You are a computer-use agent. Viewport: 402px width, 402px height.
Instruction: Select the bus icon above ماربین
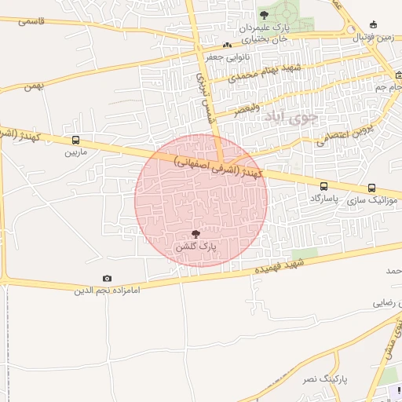pos(75,141)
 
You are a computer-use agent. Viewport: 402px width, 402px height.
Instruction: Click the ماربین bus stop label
pos(82,153)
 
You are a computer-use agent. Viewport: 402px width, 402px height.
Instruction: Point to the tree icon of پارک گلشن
pos(196,233)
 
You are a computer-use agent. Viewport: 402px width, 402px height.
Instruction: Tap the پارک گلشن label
pos(196,247)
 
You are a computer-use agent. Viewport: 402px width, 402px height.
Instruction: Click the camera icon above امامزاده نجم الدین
pos(107,279)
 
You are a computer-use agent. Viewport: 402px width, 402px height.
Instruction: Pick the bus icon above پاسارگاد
pos(324,187)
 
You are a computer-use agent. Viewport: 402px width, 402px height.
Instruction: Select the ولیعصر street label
pos(248,109)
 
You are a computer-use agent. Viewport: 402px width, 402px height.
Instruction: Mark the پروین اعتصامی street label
pos(347,131)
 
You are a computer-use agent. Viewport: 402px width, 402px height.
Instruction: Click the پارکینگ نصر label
pos(323,379)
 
